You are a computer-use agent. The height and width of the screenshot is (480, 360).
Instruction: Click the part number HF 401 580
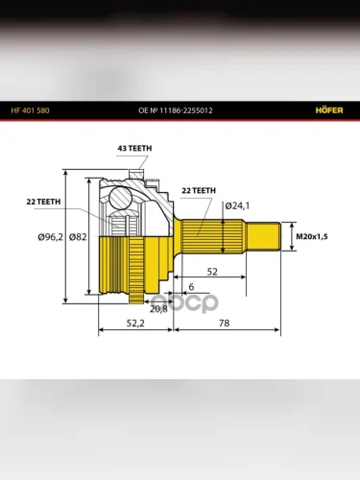[x=30, y=110]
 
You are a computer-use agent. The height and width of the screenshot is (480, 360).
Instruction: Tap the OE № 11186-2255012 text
[x=176, y=110]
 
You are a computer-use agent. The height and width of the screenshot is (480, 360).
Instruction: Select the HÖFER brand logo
[x=329, y=110]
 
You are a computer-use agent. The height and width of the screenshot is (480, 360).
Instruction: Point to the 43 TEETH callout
[x=134, y=149]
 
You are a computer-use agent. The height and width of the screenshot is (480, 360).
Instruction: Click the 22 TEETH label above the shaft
[x=199, y=191]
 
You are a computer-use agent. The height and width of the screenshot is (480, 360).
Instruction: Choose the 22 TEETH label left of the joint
[x=43, y=202]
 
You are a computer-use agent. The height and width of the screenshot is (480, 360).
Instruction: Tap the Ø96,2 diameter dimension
[x=50, y=237]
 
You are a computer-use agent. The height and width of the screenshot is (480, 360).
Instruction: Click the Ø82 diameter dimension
[x=78, y=237]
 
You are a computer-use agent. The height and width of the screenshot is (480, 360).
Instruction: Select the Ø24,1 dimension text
[x=237, y=205]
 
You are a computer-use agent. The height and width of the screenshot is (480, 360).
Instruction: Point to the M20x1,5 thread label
[x=312, y=237]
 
